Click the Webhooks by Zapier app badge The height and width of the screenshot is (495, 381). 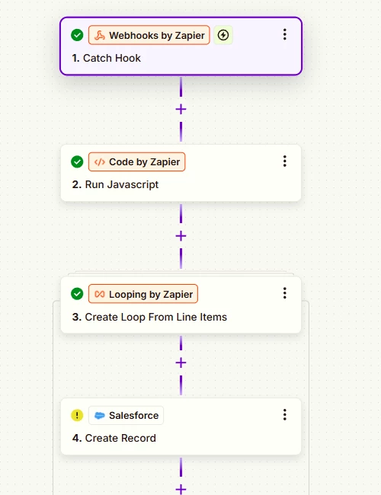pyautogui.click(x=149, y=35)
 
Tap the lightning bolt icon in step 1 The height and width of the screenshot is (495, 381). pyautogui.click(x=223, y=35)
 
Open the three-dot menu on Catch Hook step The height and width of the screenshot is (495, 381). pyautogui.click(x=285, y=34)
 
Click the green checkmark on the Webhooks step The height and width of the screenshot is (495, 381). pyautogui.click(x=77, y=35)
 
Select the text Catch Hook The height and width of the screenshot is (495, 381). pyautogui.click(x=112, y=58)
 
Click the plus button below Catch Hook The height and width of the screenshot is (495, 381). pyautogui.click(x=181, y=110)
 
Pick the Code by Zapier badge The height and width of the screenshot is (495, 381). pyautogui.click(x=137, y=161)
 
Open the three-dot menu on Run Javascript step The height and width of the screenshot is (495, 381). pyautogui.click(x=285, y=161)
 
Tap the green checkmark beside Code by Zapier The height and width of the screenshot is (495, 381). pyautogui.click(x=77, y=161)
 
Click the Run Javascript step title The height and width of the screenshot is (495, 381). pyautogui.click(x=122, y=184)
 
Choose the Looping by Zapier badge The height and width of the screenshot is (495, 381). pyautogui.click(x=143, y=294)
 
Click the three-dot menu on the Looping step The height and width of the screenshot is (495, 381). pyautogui.click(x=285, y=293)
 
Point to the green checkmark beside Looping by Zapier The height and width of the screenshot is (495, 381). pyautogui.click(x=77, y=294)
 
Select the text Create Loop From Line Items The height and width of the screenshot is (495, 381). pyautogui.click(x=156, y=317)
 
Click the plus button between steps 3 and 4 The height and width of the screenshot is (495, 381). pyautogui.click(x=181, y=362)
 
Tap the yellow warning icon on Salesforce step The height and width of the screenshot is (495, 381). pyautogui.click(x=77, y=415)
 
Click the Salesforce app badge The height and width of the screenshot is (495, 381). pyautogui.click(x=126, y=415)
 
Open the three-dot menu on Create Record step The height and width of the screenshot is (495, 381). pyautogui.click(x=285, y=414)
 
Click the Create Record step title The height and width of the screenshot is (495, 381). pyautogui.click(x=120, y=438)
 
